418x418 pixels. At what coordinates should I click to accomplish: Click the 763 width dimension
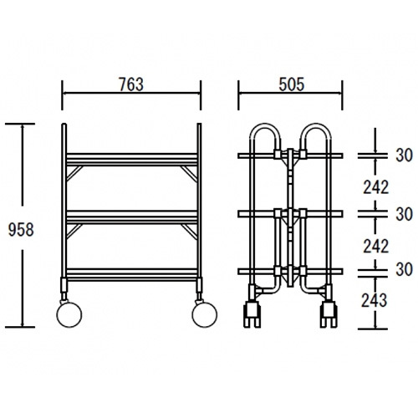(131, 84)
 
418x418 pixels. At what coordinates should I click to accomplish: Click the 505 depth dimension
(292, 84)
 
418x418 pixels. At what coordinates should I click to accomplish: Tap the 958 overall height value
(21, 230)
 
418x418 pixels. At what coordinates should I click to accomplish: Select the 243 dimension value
(374, 300)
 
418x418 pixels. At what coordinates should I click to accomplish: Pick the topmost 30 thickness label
(404, 155)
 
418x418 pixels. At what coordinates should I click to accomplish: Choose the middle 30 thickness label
(404, 214)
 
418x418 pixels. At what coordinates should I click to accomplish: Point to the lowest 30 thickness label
(404, 269)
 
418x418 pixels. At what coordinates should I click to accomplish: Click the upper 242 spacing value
(375, 187)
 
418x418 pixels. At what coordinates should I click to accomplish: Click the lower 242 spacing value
(375, 247)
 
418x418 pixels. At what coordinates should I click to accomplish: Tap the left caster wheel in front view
(69, 314)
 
